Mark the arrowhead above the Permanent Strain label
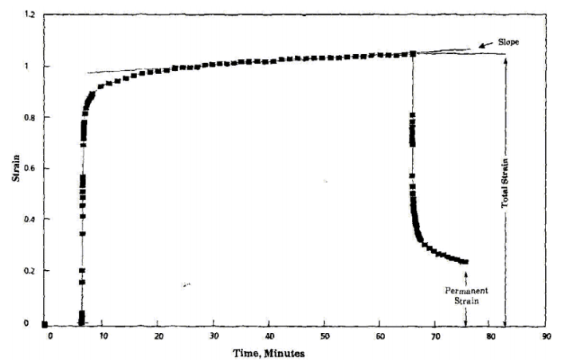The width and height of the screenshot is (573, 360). [465, 268]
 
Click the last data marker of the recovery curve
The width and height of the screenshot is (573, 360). [465, 261]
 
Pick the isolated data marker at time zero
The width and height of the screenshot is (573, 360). [45, 324]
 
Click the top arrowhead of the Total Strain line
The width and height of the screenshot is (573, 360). [505, 59]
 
